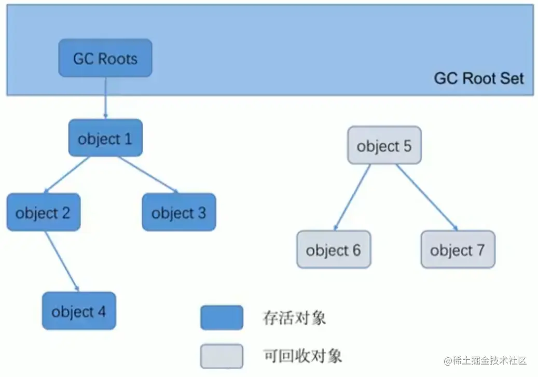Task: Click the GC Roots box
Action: (105, 58)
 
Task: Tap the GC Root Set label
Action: (478, 79)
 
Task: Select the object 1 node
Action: (105, 138)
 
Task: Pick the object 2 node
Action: (43, 213)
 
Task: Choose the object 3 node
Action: (178, 213)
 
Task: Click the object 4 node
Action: (78, 311)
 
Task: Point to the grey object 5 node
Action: (384, 146)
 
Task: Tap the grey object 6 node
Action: (333, 250)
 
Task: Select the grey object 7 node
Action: (458, 250)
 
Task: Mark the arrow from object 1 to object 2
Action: (67, 174)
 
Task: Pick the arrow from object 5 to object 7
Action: (426, 197)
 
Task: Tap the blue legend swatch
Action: (222, 318)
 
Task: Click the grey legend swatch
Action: (222, 356)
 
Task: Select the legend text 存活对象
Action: (295, 318)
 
